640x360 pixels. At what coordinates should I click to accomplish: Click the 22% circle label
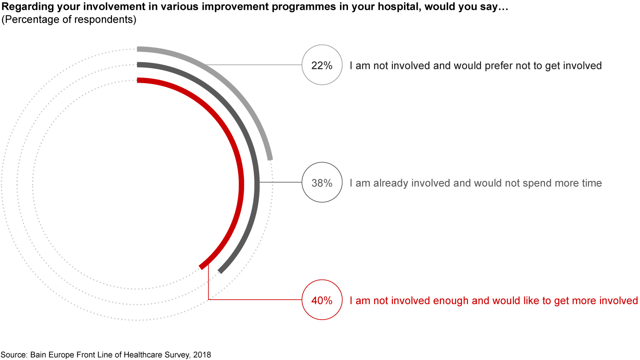[322, 65]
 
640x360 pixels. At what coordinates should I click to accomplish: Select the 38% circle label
[322, 183]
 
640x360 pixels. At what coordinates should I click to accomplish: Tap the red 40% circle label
[322, 300]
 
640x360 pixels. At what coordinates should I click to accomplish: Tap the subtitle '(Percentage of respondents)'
[69, 20]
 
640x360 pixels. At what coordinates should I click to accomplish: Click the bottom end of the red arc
[202, 267]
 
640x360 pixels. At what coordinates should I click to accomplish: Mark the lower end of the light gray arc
[270, 158]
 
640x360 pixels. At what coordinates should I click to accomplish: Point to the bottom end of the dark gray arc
[220, 271]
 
